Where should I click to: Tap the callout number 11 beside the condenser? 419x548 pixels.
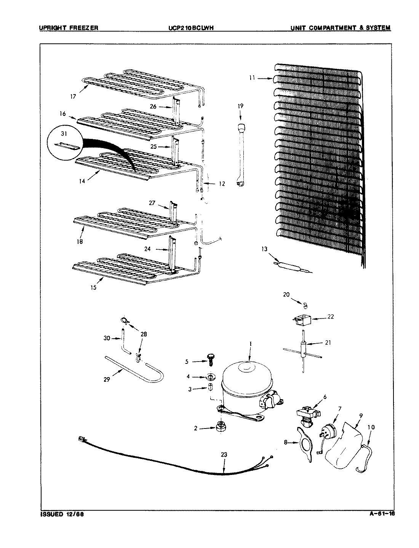252,78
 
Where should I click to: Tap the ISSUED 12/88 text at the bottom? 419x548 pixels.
62,515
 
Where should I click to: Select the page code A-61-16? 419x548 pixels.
382,515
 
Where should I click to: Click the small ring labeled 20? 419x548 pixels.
305,304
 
